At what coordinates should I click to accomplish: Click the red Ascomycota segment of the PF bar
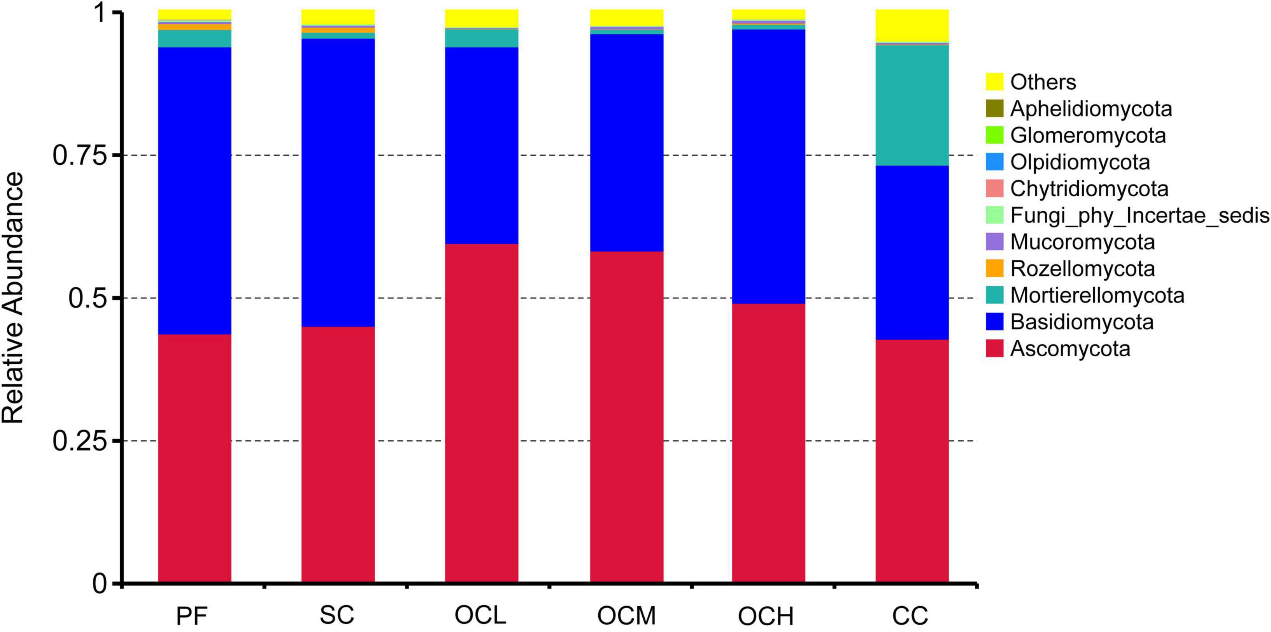tap(195, 459)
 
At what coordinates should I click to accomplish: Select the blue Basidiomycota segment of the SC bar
tap(338, 183)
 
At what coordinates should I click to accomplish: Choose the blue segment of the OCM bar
tap(627, 143)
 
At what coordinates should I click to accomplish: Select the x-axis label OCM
tap(627, 616)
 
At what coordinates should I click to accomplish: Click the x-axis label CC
tap(910, 616)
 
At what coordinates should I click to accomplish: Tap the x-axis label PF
tap(192, 616)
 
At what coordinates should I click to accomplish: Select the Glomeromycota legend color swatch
tap(994, 135)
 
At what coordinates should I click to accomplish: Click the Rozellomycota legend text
tap(1083, 269)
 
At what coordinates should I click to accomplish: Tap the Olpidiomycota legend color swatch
tap(994, 162)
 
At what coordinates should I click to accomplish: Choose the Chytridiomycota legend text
tap(1089, 188)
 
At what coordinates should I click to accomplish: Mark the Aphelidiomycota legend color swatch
tap(994, 109)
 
